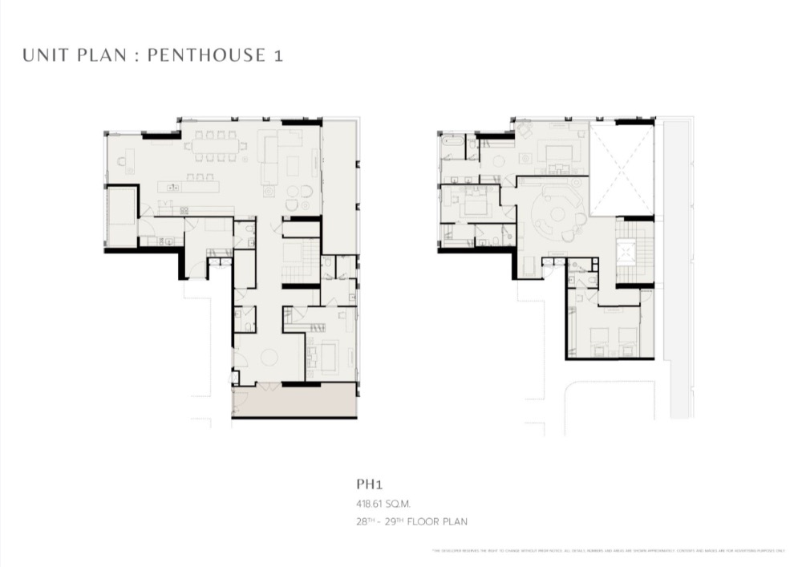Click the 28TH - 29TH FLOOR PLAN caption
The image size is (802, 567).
coord(411,521)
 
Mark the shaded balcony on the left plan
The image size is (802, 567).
coord(294,400)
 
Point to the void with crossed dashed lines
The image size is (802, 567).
coord(622,168)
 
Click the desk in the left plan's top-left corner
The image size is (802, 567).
coord(124,160)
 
